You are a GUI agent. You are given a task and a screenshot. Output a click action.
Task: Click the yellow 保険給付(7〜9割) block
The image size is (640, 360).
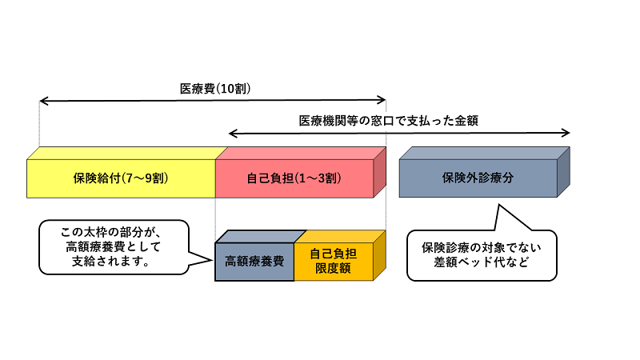[120, 178]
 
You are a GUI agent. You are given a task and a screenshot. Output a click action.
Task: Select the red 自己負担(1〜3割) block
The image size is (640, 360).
[294, 178]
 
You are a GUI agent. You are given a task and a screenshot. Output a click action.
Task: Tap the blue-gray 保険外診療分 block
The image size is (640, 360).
[478, 178]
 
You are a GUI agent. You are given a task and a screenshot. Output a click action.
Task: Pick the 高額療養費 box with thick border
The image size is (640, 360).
[254, 262]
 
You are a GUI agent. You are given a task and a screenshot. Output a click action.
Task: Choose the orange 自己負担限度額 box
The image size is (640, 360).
[334, 262]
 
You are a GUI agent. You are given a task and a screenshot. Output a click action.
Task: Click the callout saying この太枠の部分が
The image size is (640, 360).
[112, 246]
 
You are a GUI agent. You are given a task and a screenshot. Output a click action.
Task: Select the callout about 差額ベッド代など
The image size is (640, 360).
[481, 255]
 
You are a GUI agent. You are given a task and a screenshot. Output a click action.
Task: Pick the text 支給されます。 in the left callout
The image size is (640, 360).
[112, 262]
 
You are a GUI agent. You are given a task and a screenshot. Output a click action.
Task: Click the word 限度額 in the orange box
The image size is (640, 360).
[334, 269]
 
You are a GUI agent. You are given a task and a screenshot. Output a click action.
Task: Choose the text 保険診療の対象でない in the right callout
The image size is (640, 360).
[481, 247]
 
